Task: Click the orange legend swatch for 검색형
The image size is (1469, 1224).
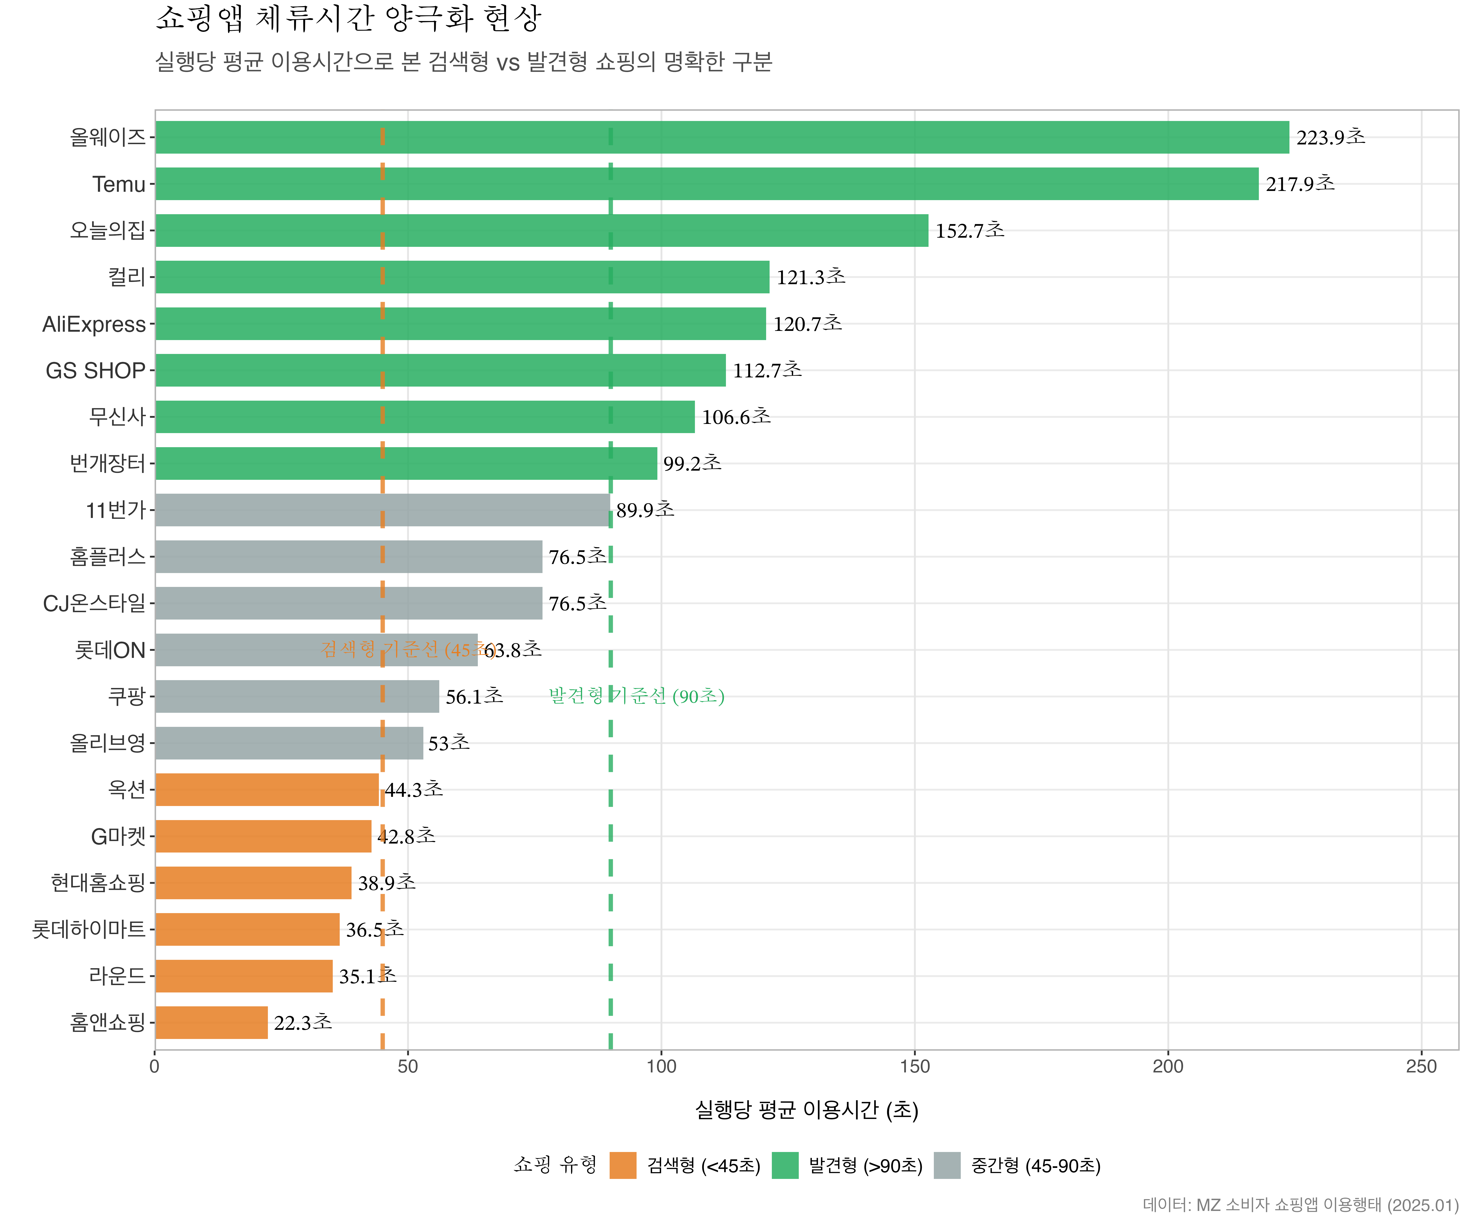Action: pyautogui.click(x=622, y=1165)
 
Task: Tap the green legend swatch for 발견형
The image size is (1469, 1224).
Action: pyautogui.click(x=785, y=1165)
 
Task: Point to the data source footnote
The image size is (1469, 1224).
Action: pyautogui.click(x=1300, y=1204)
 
